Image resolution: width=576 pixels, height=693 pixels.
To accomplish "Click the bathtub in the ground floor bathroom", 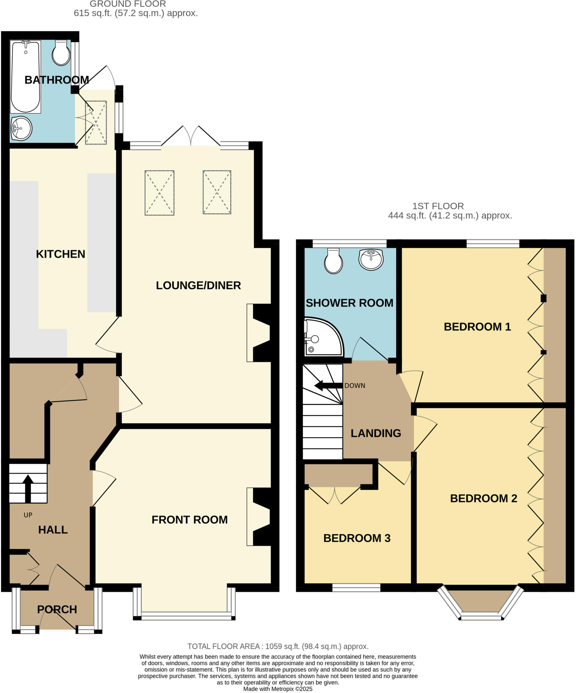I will click(x=26, y=76).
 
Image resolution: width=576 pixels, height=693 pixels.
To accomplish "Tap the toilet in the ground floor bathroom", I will click(x=61, y=53).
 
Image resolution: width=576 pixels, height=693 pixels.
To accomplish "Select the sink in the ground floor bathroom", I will click(x=21, y=128).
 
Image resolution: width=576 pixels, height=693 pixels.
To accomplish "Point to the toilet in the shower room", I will click(x=334, y=261).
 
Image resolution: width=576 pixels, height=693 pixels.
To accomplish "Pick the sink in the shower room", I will click(x=371, y=260).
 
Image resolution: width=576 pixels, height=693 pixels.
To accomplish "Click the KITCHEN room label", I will click(x=61, y=254).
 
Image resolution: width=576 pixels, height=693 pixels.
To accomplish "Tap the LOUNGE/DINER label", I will click(x=198, y=286).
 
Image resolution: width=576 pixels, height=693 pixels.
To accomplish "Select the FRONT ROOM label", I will click(x=189, y=520).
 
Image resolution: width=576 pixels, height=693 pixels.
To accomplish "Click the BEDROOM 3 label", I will click(x=357, y=538).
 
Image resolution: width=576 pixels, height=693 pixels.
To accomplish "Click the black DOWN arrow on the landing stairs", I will click(x=328, y=385).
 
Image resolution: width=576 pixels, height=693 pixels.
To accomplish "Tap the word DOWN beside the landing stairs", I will click(x=355, y=386).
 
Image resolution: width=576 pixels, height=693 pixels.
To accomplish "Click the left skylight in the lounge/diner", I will click(x=159, y=193).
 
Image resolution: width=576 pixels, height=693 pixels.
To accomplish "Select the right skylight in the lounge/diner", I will click(x=217, y=192).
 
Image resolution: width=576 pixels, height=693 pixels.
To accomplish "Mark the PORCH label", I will click(x=57, y=609).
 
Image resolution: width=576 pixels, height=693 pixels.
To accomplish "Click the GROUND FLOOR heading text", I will click(x=128, y=4).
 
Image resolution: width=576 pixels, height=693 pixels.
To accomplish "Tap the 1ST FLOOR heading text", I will click(x=438, y=206).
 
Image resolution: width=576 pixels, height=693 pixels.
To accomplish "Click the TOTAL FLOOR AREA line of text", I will click(x=278, y=646).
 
